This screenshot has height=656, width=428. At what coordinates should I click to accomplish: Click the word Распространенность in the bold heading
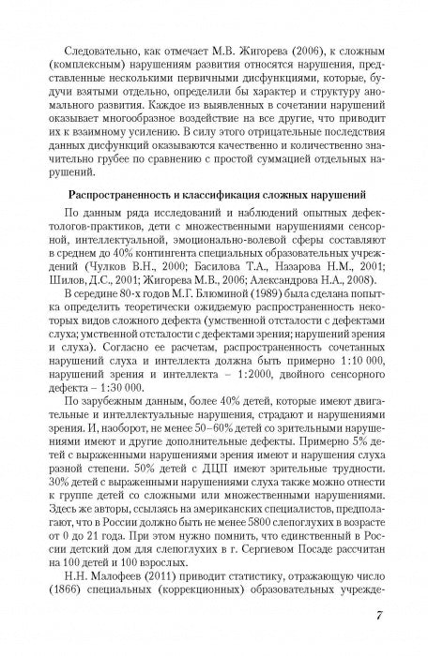[x=128, y=219]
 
